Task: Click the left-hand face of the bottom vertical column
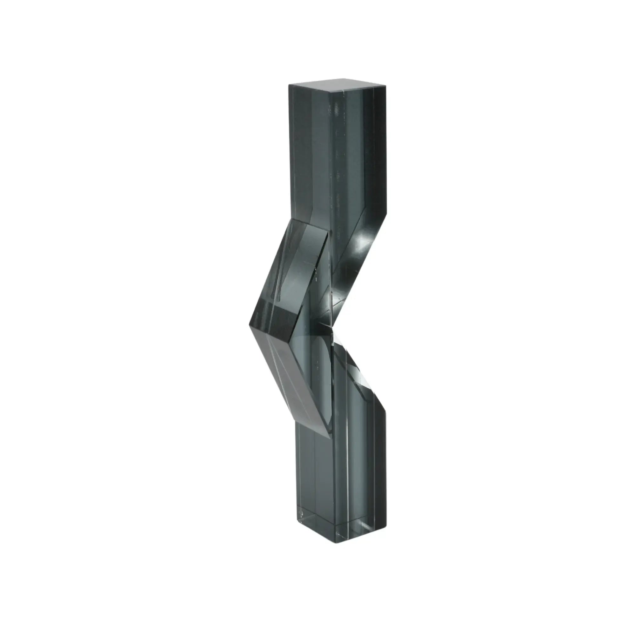316,493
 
